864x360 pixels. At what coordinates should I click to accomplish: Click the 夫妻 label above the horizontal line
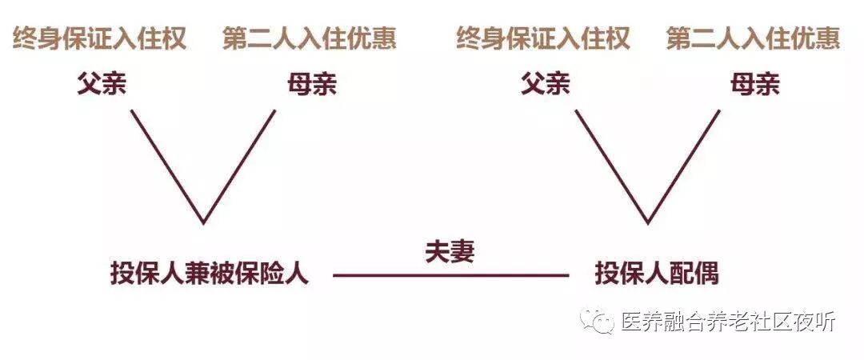pos(450,251)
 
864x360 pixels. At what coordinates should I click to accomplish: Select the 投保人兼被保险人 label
pos(210,274)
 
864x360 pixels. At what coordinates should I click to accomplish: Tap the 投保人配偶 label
pos(657,274)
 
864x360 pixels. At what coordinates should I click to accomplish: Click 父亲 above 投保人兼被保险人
pos(102,83)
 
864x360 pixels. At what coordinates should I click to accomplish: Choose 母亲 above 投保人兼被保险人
pos(312,83)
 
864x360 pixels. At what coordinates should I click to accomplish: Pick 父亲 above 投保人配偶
pos(546,83)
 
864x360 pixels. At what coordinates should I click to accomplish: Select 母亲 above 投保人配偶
pos(755,83)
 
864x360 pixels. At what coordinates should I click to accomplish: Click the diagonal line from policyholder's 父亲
pos(168,166)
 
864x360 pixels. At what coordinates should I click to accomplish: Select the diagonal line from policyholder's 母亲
pos(240,166)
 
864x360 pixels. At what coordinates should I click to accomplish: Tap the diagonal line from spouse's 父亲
pos(612,166)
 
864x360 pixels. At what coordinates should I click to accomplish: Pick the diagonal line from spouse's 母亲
pos(684,166)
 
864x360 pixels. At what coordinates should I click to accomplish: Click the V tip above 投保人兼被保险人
pos(204,222)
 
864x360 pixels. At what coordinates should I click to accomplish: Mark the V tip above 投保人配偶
pos(648,222)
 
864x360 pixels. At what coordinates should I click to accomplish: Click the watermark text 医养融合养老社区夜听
pos(728,322)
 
